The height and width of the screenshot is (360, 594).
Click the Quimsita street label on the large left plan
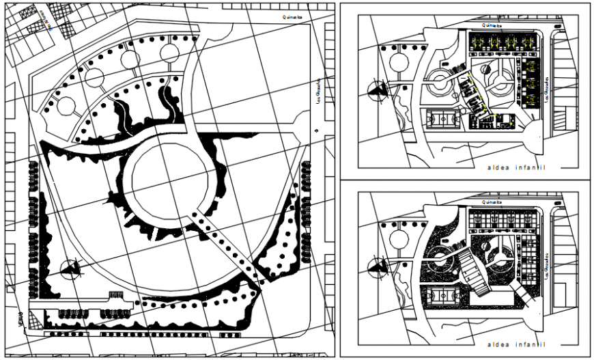[295, 18]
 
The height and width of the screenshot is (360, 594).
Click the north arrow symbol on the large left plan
[70, 270]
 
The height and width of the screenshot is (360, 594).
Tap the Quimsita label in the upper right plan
[491, 25]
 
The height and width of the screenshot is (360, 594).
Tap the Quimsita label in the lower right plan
[491, 202]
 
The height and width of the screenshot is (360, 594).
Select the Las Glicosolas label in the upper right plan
[547, 89]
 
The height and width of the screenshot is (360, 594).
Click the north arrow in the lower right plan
[376, 267]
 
